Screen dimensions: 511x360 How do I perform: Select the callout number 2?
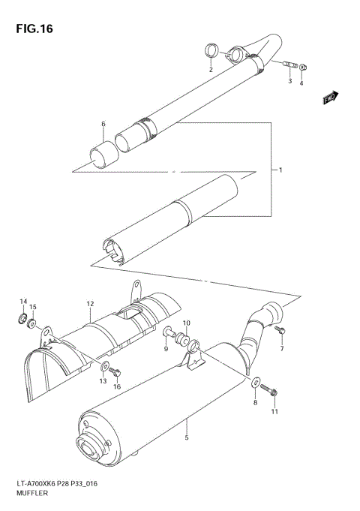[211, 70]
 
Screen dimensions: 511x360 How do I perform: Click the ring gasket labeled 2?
[212, 52]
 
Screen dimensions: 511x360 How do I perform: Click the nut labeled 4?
[303, 68]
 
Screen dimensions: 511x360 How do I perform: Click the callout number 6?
[103, 124]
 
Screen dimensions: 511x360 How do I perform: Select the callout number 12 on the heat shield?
[89, 304]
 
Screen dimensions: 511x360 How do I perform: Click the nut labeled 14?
[23, 321]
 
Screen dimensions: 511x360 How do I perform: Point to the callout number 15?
[32, 308]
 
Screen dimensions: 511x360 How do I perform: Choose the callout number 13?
[103, 382]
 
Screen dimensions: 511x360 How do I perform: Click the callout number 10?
[187, 323]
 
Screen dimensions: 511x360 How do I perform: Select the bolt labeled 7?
[280, 330]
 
